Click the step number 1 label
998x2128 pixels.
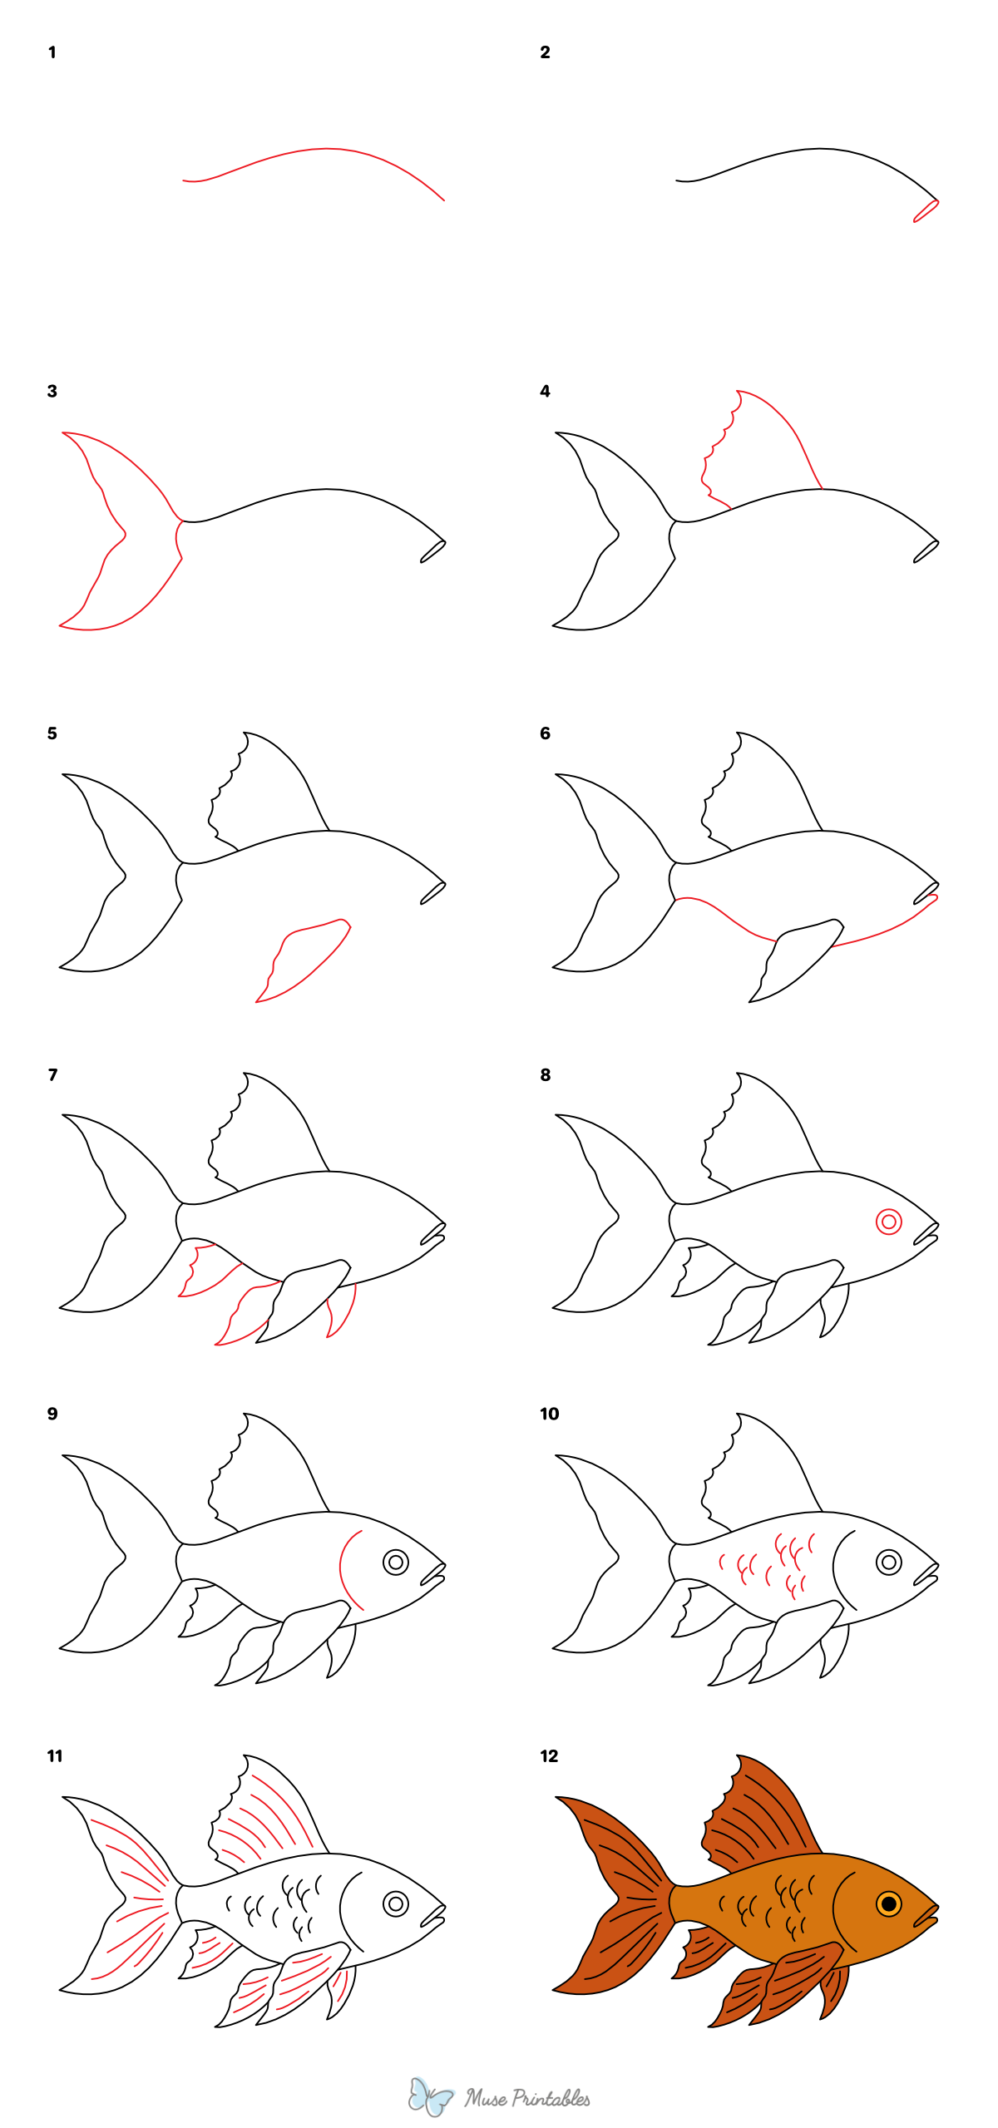point(52,52)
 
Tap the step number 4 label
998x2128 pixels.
point(545,391)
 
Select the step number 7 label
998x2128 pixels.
point(52,1074)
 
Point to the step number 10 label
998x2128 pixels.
point(549,1414)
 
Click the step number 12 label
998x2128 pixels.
point(549,1755)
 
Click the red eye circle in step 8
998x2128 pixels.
point(888,1222)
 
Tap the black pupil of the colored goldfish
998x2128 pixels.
point(888,1903)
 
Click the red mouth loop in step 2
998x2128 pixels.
point(925,211)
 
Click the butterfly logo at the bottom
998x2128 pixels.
point(430,2096)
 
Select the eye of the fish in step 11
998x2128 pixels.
point(396,1903)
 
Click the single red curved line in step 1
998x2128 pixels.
point(324,150)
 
